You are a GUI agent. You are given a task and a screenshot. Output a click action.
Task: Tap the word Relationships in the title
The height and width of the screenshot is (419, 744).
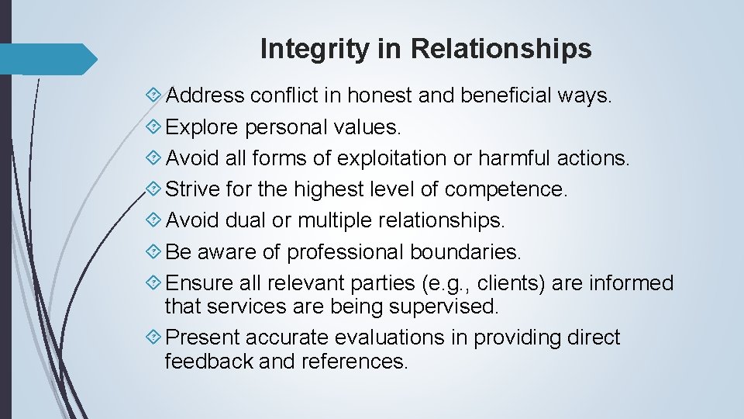point(501,49)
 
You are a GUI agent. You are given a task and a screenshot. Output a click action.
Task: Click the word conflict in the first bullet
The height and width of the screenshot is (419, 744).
point(294,95)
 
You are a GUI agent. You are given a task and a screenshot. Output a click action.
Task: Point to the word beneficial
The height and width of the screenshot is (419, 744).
point(505,95)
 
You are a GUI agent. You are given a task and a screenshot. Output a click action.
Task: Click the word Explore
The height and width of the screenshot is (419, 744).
point(203,127)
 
